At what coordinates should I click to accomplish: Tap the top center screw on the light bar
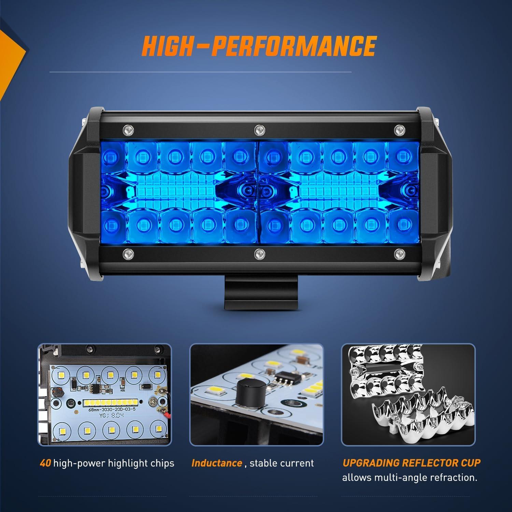259,129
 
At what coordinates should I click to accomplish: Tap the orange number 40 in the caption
45,463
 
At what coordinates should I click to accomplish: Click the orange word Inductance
217,463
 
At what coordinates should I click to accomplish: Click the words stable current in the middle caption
282,463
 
